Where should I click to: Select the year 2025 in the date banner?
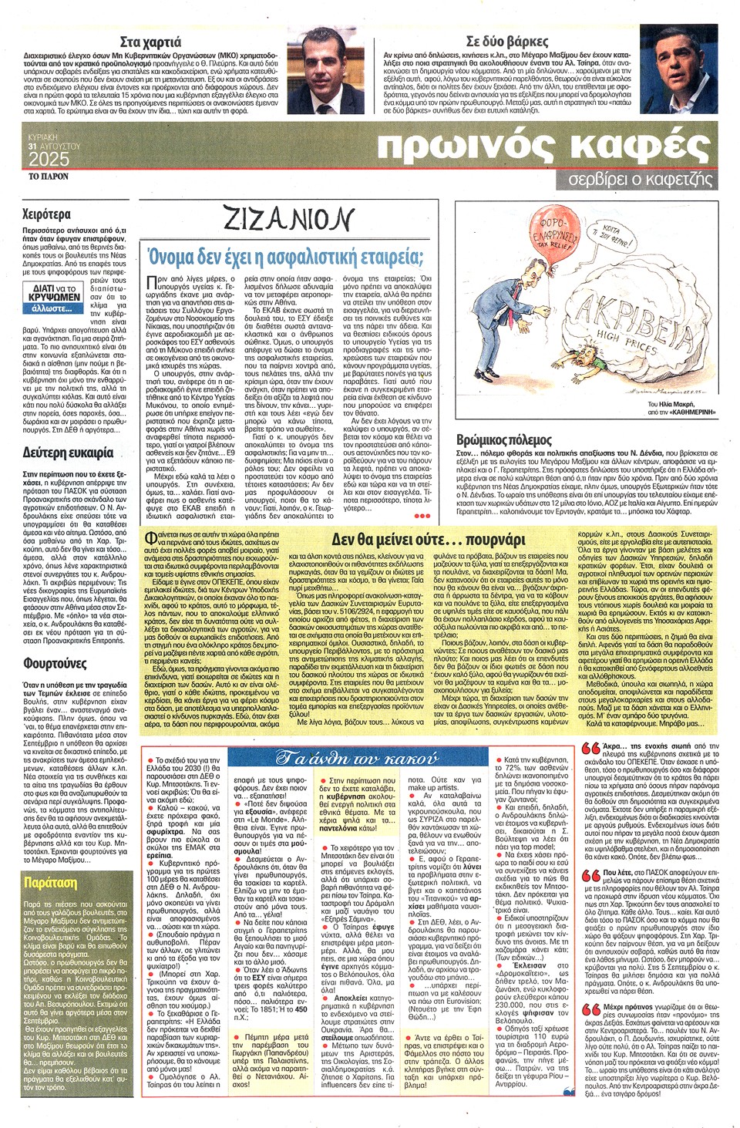coord(49,160)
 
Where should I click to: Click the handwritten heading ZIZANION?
coord(288,219)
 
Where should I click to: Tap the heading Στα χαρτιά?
coord(151,42)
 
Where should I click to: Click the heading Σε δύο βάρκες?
coord(506,42)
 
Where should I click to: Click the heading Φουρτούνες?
coord(54,663)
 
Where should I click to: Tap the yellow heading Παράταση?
coord(50,882)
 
